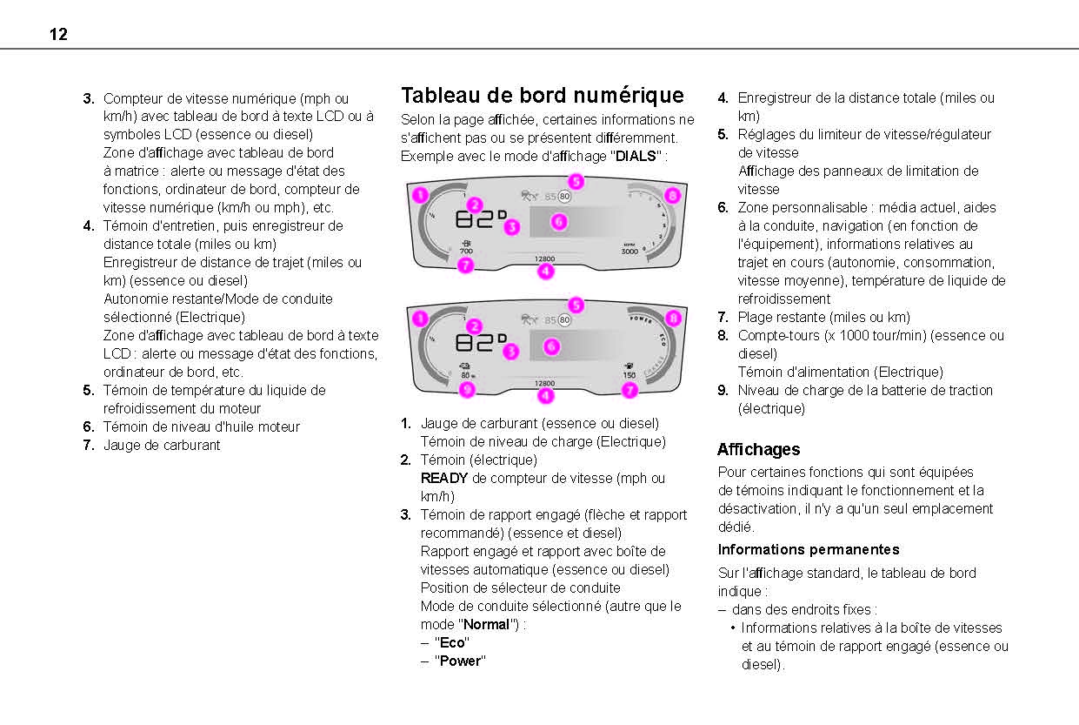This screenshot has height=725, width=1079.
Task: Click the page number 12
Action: pos(58,35)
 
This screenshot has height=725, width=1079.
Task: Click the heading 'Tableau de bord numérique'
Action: pos(542,95)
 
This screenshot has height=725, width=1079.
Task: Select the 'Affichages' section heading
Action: pos(758,449)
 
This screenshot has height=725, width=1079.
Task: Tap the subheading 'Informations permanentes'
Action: pos(808,549)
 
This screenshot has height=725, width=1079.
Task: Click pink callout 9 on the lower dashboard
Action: pos(467,390)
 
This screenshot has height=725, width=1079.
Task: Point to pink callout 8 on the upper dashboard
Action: pos(672,196)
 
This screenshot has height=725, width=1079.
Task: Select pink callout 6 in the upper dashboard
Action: pos(559,222)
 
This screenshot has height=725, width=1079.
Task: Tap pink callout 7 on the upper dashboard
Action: pos(466,265)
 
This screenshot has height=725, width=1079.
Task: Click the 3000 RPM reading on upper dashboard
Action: pos(629,251)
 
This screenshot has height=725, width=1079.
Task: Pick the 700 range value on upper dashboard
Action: pos(466,251)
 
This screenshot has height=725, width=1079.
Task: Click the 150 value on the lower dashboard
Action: pos(629,375)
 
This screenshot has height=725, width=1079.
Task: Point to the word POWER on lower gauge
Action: pos(641,319)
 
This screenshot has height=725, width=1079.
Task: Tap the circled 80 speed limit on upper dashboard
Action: pos(564,197)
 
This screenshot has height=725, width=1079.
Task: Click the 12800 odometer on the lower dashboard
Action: pos(544,383)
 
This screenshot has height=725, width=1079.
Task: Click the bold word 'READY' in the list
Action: pos(443,478)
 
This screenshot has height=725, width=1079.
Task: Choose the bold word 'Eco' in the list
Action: pos(452,642)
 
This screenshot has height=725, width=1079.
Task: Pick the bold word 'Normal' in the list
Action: pos(486,624)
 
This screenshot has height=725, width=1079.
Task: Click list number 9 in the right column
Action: pos(723,390)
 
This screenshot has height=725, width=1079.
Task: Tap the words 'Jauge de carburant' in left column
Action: pos(162,445)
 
